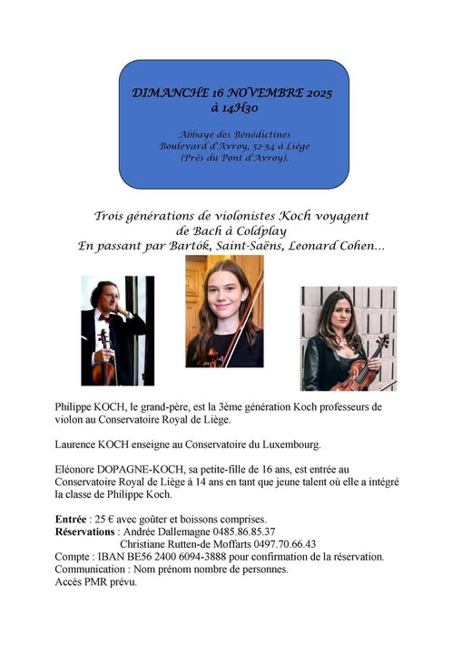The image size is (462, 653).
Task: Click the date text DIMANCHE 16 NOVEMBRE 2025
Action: pos(232,93)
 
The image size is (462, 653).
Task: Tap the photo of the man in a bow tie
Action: pos(117,331)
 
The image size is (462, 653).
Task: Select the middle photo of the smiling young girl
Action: pos(224,311)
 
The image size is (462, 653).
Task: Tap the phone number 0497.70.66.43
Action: pos(281,544)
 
